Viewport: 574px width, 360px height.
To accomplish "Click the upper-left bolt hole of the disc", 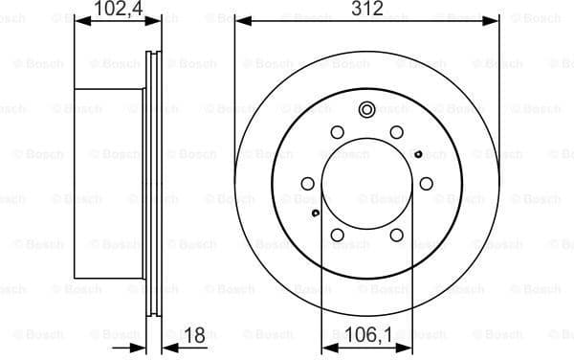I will pyautogui.click(x=338, y=132).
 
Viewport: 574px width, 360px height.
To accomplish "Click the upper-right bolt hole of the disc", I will pyautogui.click(x=396, y=132).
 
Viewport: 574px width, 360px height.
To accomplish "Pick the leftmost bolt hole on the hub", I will pyautogui.click(x=307, y=183).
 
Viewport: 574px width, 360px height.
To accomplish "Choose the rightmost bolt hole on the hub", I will pyautogui.click(x=427, y=183).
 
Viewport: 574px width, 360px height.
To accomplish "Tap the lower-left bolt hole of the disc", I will pyautogui.click(x=338, y=234).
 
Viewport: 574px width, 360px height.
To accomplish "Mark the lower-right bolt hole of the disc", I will pyautogui.click(x=396, y=234).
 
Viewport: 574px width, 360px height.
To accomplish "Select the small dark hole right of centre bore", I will pyautogui.click(x=418, y=153).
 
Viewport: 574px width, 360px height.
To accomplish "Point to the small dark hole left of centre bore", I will pyautogui.click(x=316, y=213).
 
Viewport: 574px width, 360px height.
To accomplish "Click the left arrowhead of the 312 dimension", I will pyautogui.click(x=240, y=18).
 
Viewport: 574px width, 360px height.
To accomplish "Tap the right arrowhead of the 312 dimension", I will pyautogui.click(x=495, y=18).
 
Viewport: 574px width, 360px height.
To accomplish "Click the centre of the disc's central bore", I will pyautogui.click(x=367, y=183).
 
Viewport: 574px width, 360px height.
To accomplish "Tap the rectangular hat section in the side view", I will pyautogui.click(x=108, y=183).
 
